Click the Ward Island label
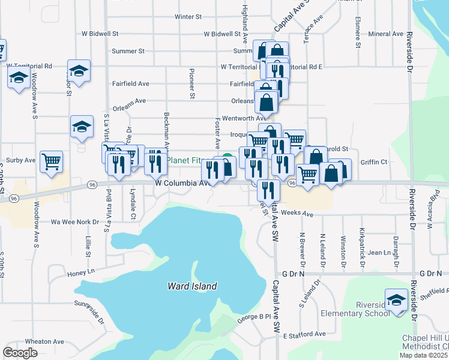(192, 287)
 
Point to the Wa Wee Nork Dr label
(74, 222)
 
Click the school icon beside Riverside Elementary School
(396, 299)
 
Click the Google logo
(20, 352)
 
